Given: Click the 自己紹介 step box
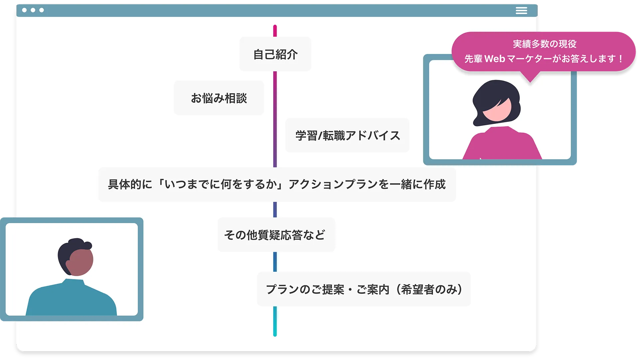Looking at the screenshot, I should tap(275, 54).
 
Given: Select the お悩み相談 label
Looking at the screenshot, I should tap(219, 98).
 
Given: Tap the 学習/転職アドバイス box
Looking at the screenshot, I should tap(347, 136).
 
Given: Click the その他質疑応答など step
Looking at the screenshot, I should tap(276, 235).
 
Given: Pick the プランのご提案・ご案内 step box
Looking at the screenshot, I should tap(364, 289).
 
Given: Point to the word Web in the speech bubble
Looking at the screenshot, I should tap(495, 59).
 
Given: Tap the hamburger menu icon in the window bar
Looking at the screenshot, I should tap(521, 11).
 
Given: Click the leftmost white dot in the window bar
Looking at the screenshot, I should tap(24, 10).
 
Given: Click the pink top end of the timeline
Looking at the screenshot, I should tap(275, 29).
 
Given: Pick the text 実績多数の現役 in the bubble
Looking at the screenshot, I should tap(544, 44).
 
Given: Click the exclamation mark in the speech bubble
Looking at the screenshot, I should tap(621, 59).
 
